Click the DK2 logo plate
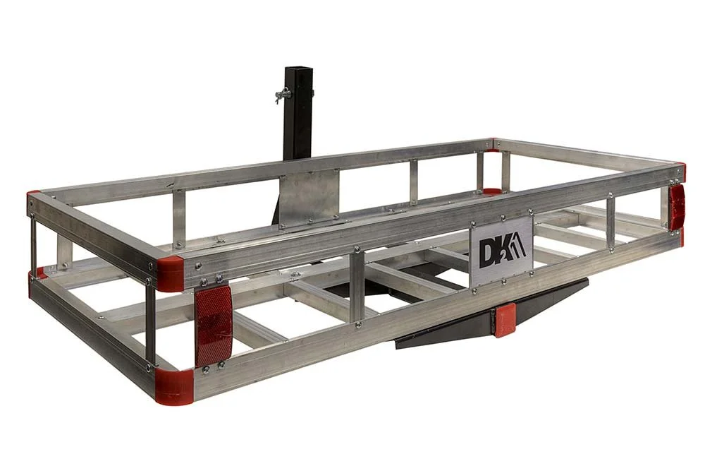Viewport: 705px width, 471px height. coord(501,251)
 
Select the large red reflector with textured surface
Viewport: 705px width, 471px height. coord(213,326)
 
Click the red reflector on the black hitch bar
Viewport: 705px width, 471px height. coord(505,321)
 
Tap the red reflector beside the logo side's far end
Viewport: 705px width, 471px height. coord(677,206)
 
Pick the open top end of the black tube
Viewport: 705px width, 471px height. coord(298,69)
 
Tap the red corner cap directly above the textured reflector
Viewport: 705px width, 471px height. coord(169,274)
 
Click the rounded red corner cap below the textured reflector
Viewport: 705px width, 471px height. coord(173,386)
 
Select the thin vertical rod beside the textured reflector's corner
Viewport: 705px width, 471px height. coord(150,326)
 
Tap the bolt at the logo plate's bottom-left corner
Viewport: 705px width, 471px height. coord(473,283)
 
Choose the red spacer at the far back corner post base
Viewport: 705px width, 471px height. coord(491,191)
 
